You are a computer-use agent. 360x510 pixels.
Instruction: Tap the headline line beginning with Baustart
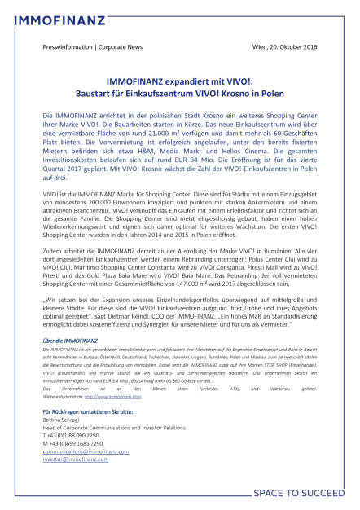(180, 107)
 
